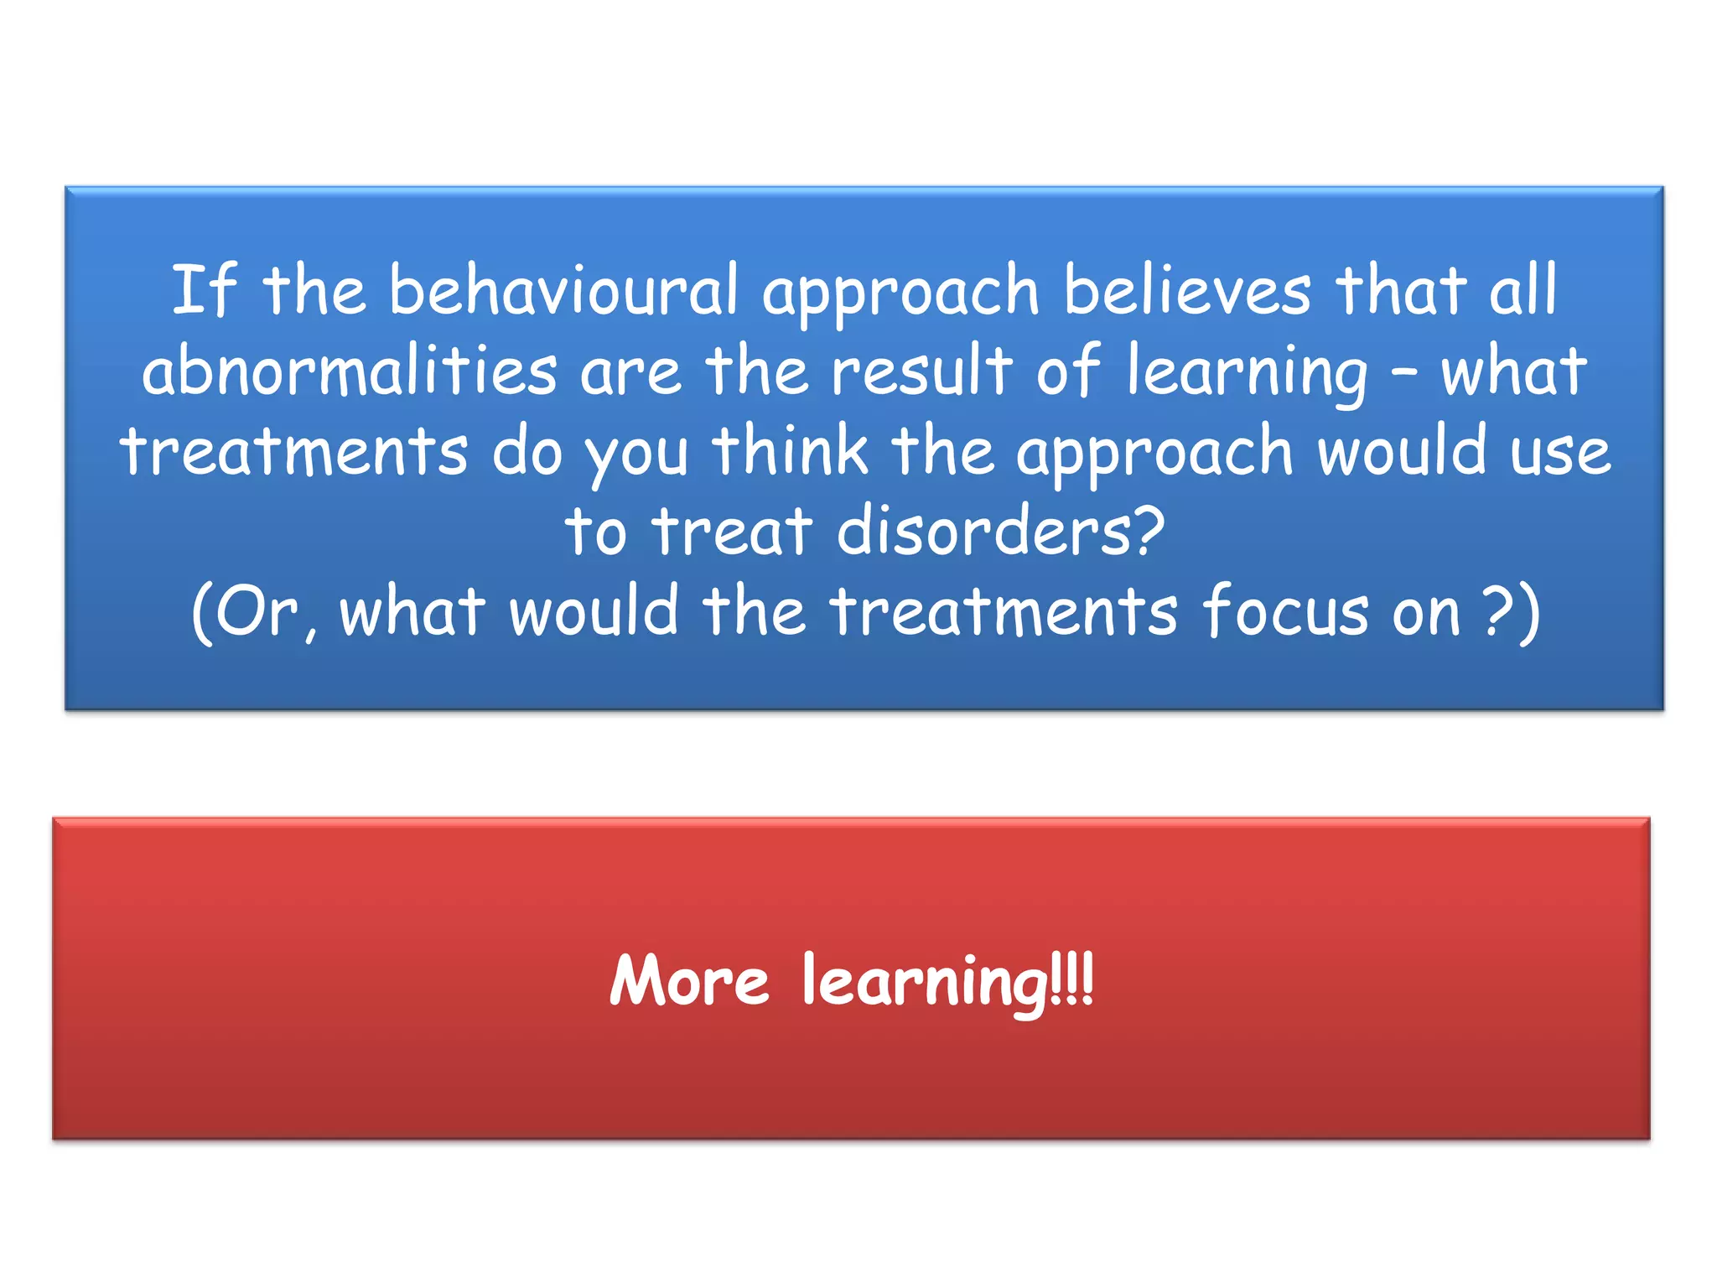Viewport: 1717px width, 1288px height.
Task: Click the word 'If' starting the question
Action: point(204,290)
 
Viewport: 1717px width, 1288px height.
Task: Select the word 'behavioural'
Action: point(563,290)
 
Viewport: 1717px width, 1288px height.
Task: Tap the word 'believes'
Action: point(1187,290)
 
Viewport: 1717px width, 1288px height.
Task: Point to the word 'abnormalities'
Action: point(350,371)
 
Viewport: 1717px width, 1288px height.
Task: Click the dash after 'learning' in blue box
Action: point(1403,375)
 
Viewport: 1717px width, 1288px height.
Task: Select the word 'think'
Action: point(791,451)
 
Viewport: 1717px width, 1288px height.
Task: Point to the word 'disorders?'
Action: point(1001,531)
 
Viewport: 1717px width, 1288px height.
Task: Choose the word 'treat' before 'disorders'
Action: point(733,531)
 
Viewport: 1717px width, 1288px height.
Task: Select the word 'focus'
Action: point(1286,611)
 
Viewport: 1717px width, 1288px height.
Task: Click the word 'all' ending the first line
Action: point(1522,290)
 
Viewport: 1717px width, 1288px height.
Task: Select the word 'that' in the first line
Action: point(1401,290)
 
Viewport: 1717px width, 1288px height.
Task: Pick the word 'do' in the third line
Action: point(527,452)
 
